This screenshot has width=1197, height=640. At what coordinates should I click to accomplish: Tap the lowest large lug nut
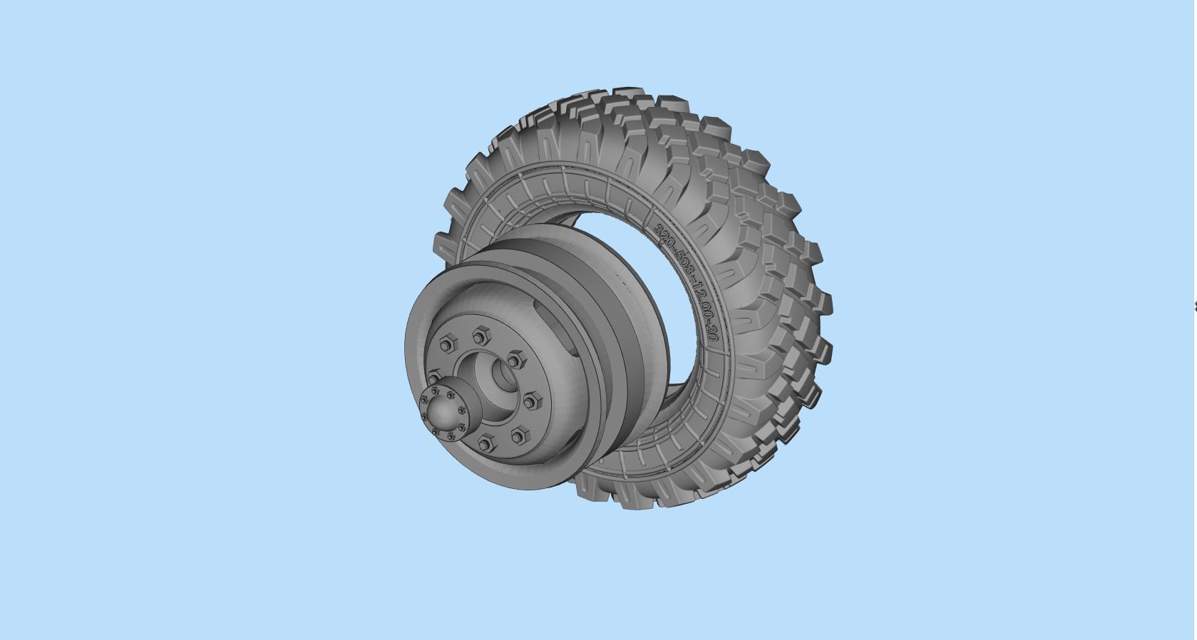click(486, 445)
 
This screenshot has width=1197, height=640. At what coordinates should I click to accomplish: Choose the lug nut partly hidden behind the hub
click(435, 376)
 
